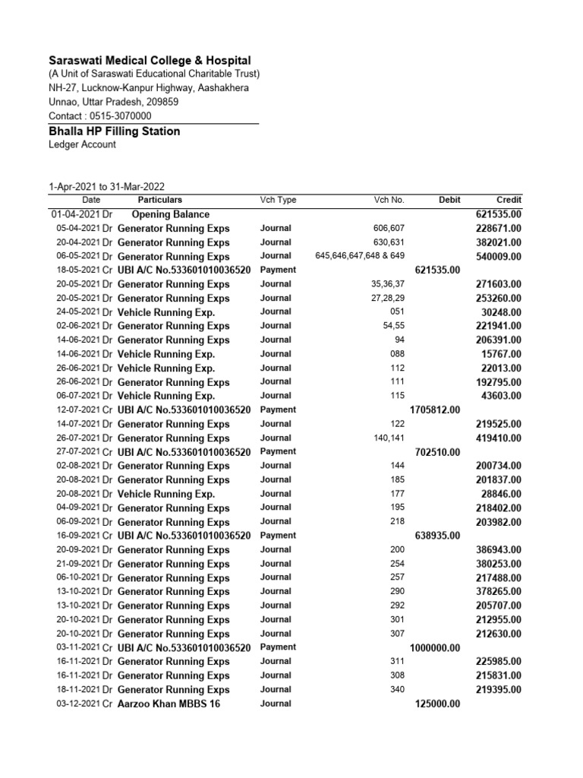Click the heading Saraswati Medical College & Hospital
(150, 60)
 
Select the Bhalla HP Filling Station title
(115, 131)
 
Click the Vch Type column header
(278, 200)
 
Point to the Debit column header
(449, 200)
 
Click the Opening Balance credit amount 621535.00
(498, 214)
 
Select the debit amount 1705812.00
(434, 410)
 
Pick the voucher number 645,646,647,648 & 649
(360, 256)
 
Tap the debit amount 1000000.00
(434, 648)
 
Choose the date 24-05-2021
(78, 312)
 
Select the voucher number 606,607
(389, 228)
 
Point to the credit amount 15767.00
(501, 354)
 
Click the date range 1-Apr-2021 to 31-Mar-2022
(107, 187)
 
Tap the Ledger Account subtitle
(83, 144)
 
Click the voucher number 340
(397, 690)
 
